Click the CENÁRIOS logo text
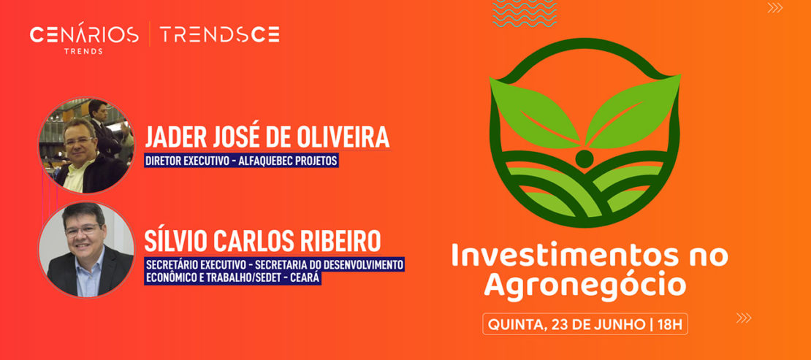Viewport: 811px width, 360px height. (x=84, y=34)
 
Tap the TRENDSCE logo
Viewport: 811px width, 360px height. (x=219, y=34)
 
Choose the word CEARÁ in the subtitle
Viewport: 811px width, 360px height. (x=306, y=278)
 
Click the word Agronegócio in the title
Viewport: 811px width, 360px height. (x=585, y=284)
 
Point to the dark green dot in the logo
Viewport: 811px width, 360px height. (x=585, y=158)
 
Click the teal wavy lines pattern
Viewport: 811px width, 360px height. (x=525, y=13)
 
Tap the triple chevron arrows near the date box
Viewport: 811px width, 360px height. (x=744, y=318)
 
